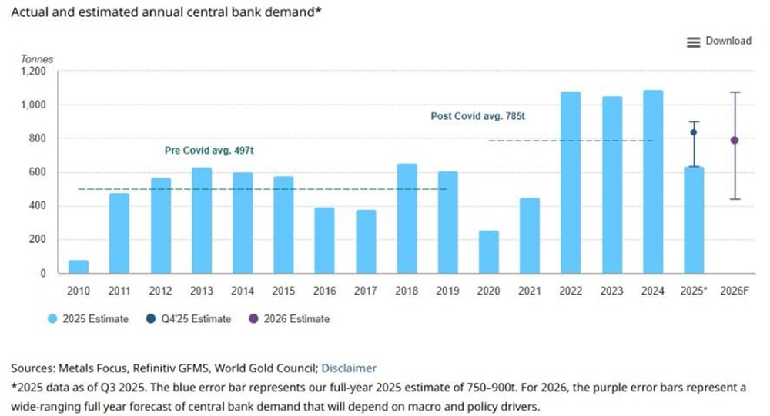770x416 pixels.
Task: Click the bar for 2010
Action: [x=79, y=267]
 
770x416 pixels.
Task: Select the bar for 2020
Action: [x=489, y=252]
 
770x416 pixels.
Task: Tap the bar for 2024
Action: [x=652, y=182]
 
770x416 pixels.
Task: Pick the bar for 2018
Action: [x=407, y=218]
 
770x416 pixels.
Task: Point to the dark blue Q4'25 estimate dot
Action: [x=694, y=132]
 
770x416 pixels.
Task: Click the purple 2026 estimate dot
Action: [x=735, y=140]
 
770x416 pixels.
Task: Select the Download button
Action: [x=719, y=41]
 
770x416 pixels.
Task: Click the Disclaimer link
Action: [x=349, y=368]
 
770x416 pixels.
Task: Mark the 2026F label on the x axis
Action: [x=735, y=291]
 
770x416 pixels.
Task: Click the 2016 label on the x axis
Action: [x=325, y=291]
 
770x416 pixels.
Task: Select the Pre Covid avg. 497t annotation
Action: [x=209, y=151]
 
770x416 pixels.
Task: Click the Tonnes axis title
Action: [x=37, y=58]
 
